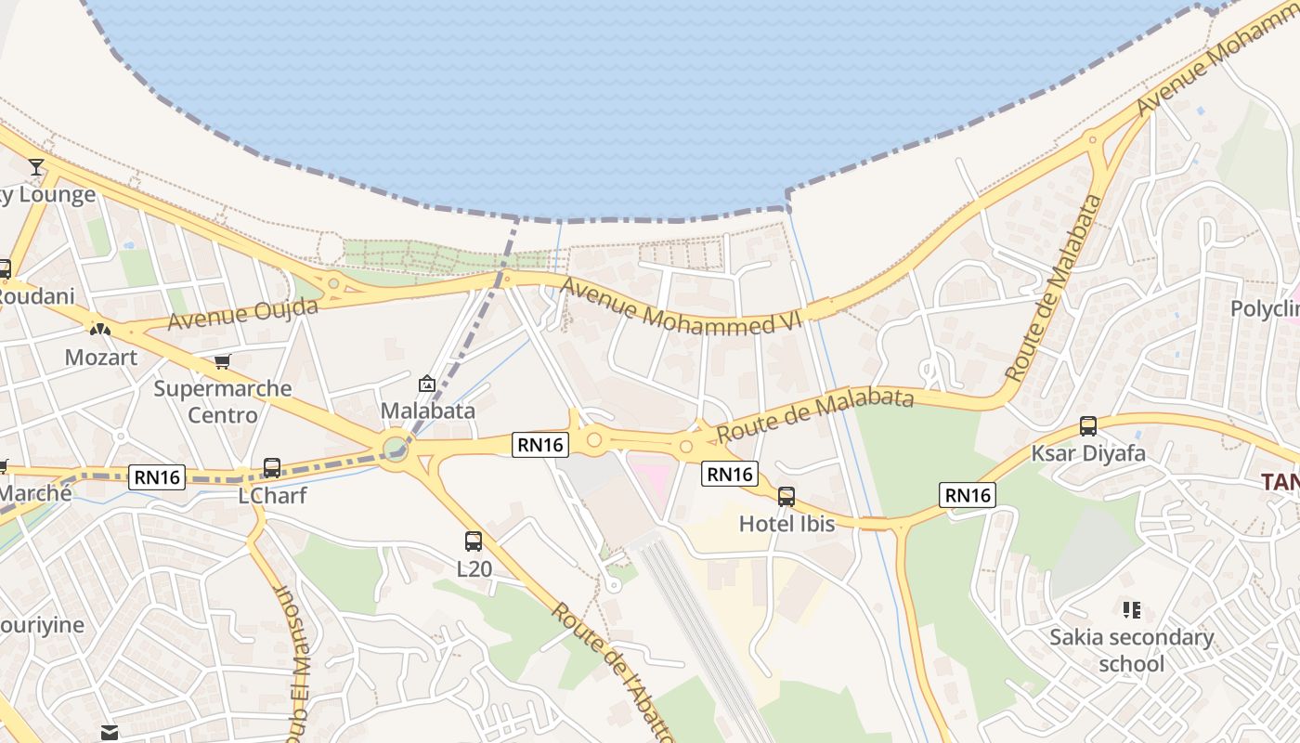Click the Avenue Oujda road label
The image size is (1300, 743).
pyautogui.click(x=242, y=314)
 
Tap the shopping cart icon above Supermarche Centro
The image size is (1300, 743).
pyautogui.click(x=222, y=361)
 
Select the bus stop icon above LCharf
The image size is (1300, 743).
pyautogui.click(x=271, y=467)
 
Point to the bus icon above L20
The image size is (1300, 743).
pyautogui.click(x=474, y=541)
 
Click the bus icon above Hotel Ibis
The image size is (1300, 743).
pyautogui.click(x=786, y=497)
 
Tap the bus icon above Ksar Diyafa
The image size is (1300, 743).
pyautogui.click(x=1087, y=426)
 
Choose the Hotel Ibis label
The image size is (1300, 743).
pyautogui.click(x=786, y=524)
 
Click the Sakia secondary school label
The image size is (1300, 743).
pyautogui.click(x=1131, y=650)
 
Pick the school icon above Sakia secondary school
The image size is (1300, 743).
pyautogui.click(x=1131, y=610)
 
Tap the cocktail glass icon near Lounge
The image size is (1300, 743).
pyautogui.click(x=36, y=167)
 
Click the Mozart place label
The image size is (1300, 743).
pyautogui.click(x=100, y=357)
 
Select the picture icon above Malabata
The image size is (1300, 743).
pyautogui.click(x=427, y=383)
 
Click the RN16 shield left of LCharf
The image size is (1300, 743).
pyautogui.click(x=157, y=477)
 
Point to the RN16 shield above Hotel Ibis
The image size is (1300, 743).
pyautogui.click(x=730, y=474)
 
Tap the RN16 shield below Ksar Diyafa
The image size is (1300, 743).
pyautogui.click(x=968, y=495)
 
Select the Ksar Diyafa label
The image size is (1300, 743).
pyautogui.click(x=1087, y=453)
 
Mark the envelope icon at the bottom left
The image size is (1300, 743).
pyautogui.click(x=110, y=733)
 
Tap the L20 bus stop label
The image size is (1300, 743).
pyautogui.click(x=474, y=567)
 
